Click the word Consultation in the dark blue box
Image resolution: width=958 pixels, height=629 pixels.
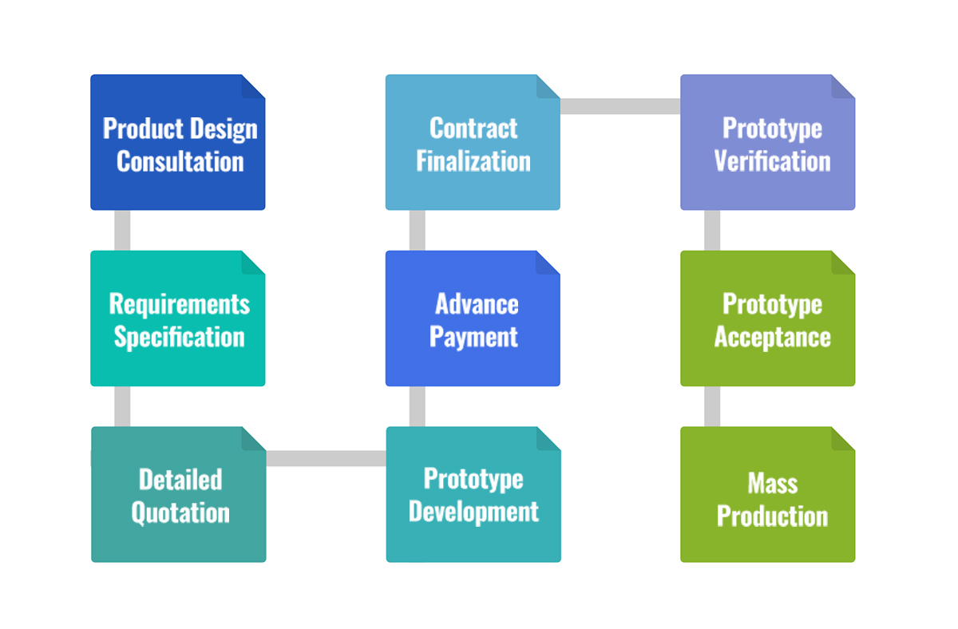point(180,161)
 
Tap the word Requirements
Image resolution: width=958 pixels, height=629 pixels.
point(179,305)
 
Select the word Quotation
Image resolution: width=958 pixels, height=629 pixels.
point(180,512)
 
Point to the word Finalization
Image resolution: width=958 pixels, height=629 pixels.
point(473,161)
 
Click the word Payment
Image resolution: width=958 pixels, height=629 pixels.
point(473,338)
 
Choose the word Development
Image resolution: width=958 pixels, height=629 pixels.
point(473,512)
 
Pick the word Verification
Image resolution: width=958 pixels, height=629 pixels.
point(773,161)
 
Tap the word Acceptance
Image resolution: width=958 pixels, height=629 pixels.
point(773,338)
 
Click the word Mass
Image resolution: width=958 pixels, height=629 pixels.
point(773,484)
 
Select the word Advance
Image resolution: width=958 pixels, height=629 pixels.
point(477,304)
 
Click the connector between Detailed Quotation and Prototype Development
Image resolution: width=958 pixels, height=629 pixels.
point(326,458)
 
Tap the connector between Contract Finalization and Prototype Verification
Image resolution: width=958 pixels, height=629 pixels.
point(620,106)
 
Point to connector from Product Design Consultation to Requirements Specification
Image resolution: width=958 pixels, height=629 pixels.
point(122,231)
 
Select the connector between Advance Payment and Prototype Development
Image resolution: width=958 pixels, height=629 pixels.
point(417,406)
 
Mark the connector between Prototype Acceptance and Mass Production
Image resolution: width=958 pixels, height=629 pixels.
point(712,406)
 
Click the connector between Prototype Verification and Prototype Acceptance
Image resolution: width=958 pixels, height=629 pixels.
point(712,231)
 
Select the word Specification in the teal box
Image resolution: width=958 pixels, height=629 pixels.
point(179,338)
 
